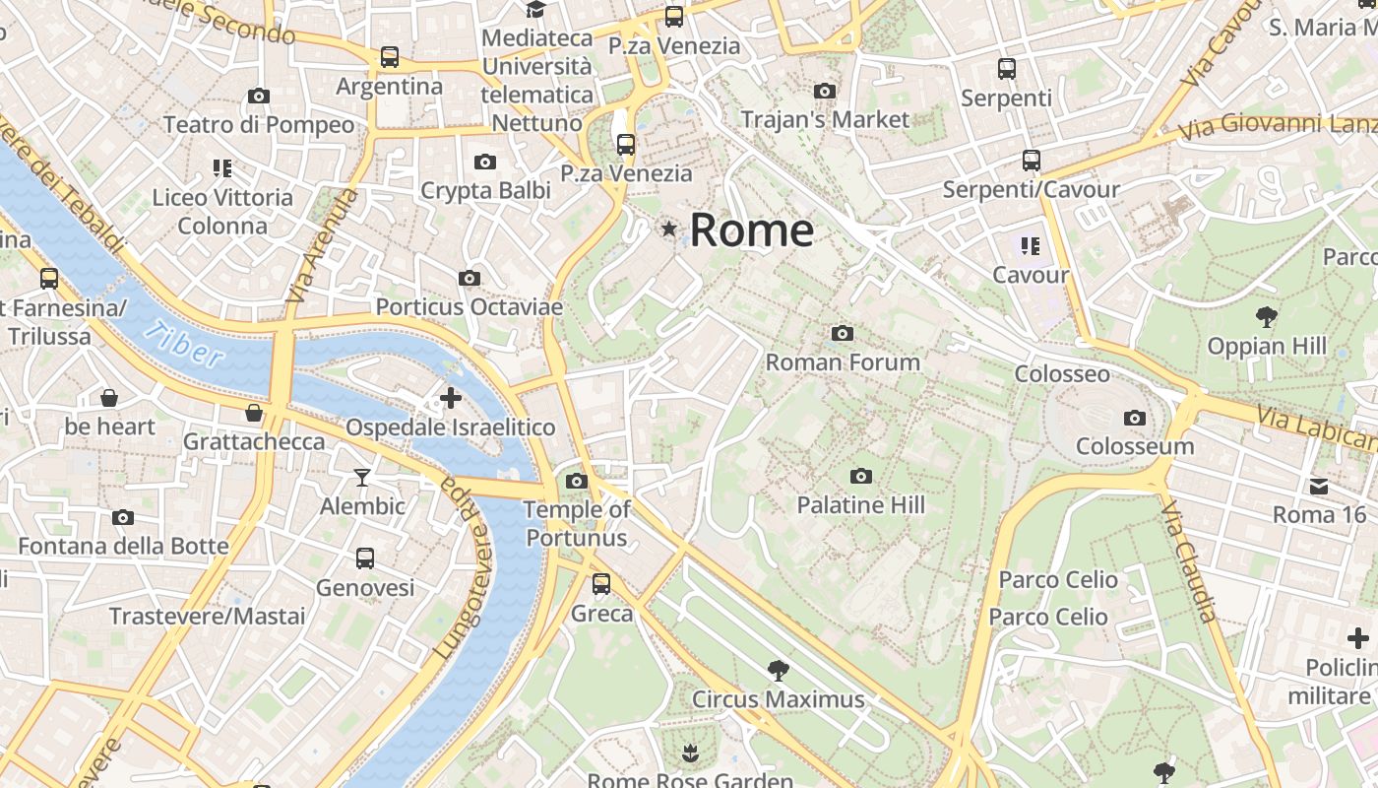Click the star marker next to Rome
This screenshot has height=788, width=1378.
click(669, 230)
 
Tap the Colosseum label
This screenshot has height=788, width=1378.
click(1134, 446)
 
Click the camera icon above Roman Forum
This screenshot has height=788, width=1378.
click(842, 333)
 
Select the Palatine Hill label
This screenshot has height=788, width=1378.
click(860, 505)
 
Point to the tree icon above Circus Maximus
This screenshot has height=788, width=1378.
click(778, 671)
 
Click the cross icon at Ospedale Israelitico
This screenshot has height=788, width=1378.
click(451, 398)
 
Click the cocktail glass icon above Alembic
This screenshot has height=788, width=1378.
click(363, 478)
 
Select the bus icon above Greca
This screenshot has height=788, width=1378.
click(601, 584)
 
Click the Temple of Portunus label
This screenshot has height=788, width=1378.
click(577, 523)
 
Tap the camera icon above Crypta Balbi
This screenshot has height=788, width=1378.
click(484, 162)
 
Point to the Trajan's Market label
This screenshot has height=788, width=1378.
click(825, 119)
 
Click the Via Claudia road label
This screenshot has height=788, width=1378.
click(1188, 560)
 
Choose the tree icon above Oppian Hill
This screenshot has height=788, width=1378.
click(1266, 317)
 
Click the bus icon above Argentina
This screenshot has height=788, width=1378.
click(390, 57)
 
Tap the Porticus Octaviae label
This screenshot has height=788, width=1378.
click(469, 307)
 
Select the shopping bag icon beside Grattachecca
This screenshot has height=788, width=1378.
click(254, 413)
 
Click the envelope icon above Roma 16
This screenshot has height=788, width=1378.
click(1319, 486)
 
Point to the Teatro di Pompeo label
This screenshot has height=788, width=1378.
click(259, 125)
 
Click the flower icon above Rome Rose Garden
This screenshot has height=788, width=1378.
click(690, 754)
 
